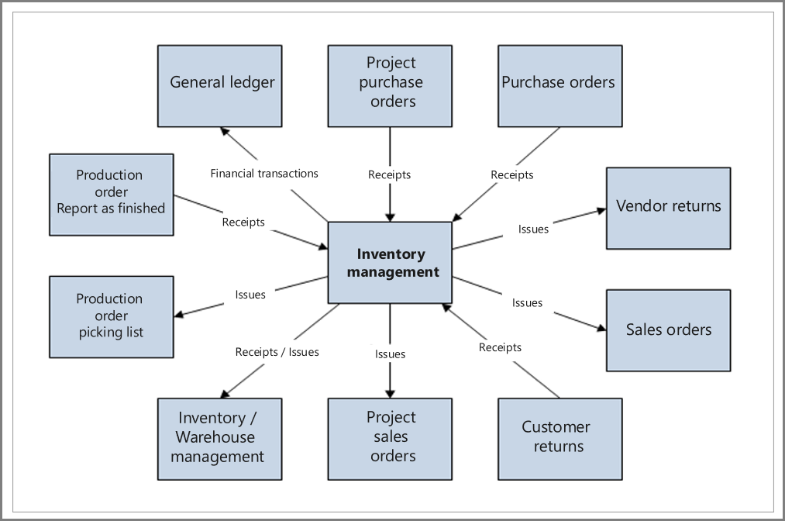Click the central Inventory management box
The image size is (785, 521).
click(390, 263)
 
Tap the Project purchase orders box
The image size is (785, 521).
click(390, 85)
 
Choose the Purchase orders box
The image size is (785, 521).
click(559, 85)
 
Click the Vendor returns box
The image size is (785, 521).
click(668, 208)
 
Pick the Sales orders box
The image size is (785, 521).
click(668, 330)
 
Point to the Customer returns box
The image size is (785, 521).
click(559, 439)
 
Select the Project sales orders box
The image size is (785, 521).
click(390, 439)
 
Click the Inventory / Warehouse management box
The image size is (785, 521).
click(219, 439)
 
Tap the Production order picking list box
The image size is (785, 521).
click(111, 316)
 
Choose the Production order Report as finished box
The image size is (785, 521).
click(111, 194)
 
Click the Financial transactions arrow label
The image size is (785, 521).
click(264, 173)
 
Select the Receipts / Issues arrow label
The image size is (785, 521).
click(277, 352)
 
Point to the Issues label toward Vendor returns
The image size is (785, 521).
click(533, 229)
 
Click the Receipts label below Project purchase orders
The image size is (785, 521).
click(390, 175)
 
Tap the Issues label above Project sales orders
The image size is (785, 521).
click(390, 354)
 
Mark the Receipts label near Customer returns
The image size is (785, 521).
click(500, 347)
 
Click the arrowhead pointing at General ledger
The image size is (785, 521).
click(223, 130)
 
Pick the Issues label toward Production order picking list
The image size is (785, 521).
click(250, 295)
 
